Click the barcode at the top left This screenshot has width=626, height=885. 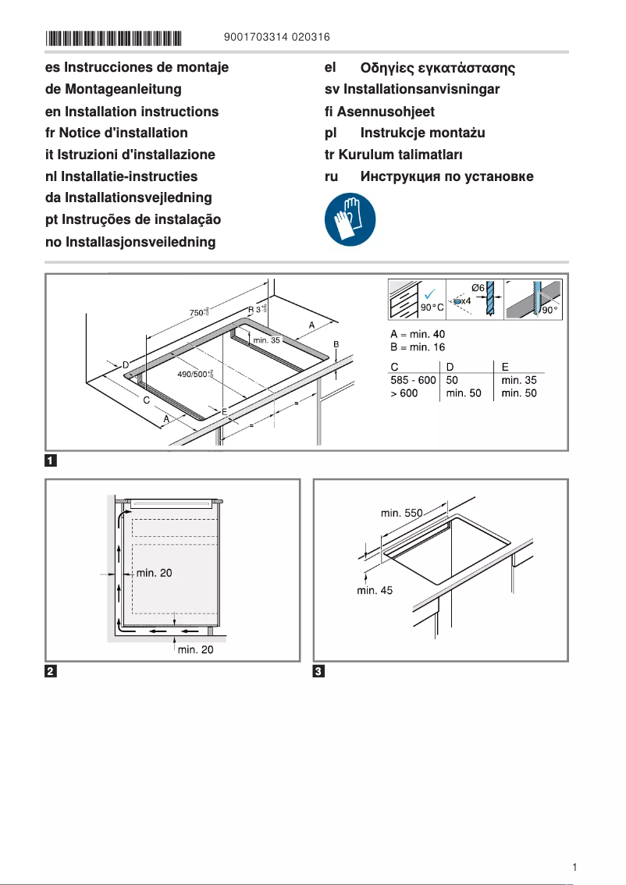pyautogui.click(x=113, y=37)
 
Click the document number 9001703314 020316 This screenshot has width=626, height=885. pyautogui.click(x=276, y=37)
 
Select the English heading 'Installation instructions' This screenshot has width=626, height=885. pyautogui.click(x=132, y=112)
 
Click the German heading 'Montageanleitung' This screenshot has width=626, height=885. pyautogui.click(x=113, y=90)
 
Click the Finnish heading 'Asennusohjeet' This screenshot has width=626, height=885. pyautogui.click(x=379, y=112)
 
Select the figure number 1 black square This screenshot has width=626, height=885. pyautogui.click(x=51, y=460)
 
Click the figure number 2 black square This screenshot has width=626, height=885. pyautogui.click(x=51, y=671)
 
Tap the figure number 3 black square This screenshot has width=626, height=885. pyautogui.click(x=318, y=671)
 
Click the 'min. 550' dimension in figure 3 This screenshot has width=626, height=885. pyautogui.click(x=401, y=513)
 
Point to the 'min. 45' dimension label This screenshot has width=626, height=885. pyautogui.click(x=375, y=591)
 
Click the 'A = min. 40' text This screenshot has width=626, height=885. pyautogui.click(x=418, y=335)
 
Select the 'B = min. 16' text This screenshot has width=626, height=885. pyautogui.click(x=418, y=347)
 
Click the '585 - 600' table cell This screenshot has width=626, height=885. pyautogui.click(x=412, y=380)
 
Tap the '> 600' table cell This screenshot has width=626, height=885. pyautogui.click(x=404, y=393)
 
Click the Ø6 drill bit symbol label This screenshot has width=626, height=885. pyautogui.click(x=478, y=288)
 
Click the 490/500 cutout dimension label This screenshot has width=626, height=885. pyautogui.click(x=195, y=375)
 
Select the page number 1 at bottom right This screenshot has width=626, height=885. pyautogui.click(x=574, y=867)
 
